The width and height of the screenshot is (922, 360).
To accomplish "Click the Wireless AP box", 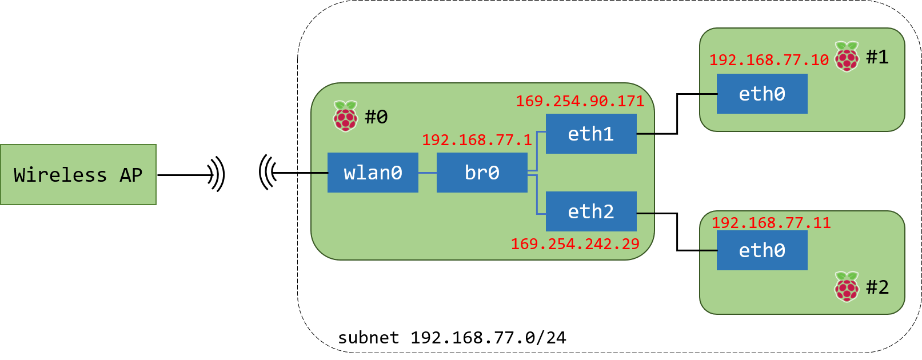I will [78, 175].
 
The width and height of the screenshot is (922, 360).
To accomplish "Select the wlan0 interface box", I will [373, 173].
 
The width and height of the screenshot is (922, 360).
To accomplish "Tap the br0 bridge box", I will [482, 173].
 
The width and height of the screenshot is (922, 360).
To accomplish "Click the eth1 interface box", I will [591, 134].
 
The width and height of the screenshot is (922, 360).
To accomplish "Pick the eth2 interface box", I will [591, 211].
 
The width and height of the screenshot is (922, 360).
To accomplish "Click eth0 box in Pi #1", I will [762, 94].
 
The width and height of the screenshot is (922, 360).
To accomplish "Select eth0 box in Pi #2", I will [762, 250].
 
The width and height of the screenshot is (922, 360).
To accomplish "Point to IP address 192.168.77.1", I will [477, 140].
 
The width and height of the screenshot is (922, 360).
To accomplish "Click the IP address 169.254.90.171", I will [580, 101].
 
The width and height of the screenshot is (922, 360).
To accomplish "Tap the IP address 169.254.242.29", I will [575, 244].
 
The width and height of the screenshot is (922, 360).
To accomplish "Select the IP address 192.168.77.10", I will [769, 60].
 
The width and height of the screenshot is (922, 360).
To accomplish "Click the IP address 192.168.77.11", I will [771, 223].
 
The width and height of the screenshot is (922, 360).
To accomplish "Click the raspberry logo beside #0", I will [345, 116].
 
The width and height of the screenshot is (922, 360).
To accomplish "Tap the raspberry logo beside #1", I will [847, 57].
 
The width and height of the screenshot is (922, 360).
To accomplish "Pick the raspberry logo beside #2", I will [847, 286].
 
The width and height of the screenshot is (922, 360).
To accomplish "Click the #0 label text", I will [376, 117].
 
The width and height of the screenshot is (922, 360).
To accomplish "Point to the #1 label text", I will [877, 57].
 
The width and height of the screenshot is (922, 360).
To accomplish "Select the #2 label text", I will [877, 287].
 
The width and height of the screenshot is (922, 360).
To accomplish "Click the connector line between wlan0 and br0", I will [428, 173].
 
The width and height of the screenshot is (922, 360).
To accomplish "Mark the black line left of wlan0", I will [319, 173].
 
